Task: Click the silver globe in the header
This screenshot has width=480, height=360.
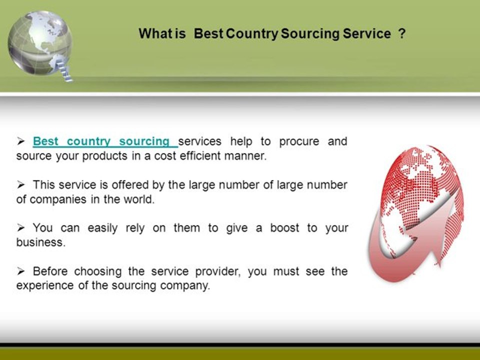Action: pyautogui.click(x=40, y=43)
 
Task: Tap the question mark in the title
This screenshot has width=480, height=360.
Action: pyautogui.click(x=402, y=33)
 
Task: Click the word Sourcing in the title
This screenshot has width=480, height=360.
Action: pyautogui.click(x=310, y=34)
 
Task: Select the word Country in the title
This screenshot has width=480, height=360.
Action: pyautogui.click(x=252, y=34)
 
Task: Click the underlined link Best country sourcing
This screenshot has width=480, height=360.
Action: pyautogui.click(x=105, y=141)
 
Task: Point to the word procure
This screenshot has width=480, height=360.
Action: pyautogui.click(x=299, y=141)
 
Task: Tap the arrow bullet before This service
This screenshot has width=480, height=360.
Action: pyautogui.click(x=21, y=184)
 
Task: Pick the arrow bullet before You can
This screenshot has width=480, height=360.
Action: pyautogui.click(x=21, y=228)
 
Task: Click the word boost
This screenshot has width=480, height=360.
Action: pyautogui.click(x=284, y=228)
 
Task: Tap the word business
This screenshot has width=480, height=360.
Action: pyautogui.click(x=41, y=242)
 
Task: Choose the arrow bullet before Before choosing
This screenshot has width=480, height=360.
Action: pyautogui.click(x=21, y=271)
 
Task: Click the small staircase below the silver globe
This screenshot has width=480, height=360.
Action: pyautogui.click(x=64, y=70)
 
